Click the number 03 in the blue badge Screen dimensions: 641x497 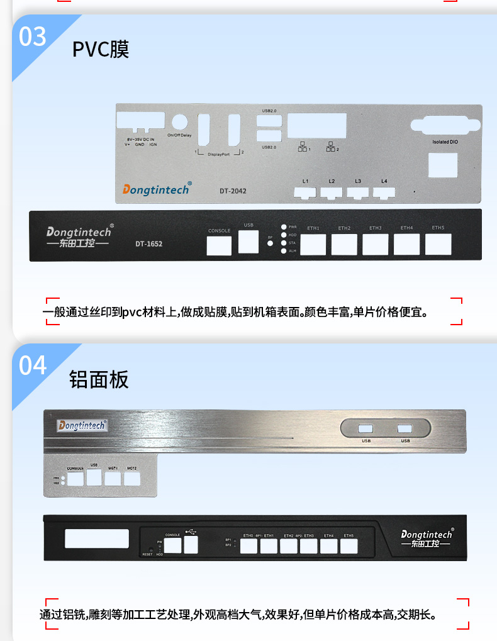(33, 36)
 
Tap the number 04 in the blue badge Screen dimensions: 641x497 (33, 364)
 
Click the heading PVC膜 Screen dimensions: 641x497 (101, 50)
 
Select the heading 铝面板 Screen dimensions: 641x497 (99, 379)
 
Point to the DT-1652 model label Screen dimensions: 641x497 (148, 243)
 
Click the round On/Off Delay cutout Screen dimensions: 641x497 (180, 123)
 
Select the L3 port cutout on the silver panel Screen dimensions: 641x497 (358, 191)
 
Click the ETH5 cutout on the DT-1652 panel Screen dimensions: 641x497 (437, 244)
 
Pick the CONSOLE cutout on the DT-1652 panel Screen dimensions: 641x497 (219, 245)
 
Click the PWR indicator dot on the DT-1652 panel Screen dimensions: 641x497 (284, 226)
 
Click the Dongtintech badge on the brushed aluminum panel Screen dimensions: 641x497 (82, 426)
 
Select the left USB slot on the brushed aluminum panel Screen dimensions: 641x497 (366, 429)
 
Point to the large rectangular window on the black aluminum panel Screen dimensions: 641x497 (97, 539)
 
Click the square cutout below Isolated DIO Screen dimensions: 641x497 (444, 165)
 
